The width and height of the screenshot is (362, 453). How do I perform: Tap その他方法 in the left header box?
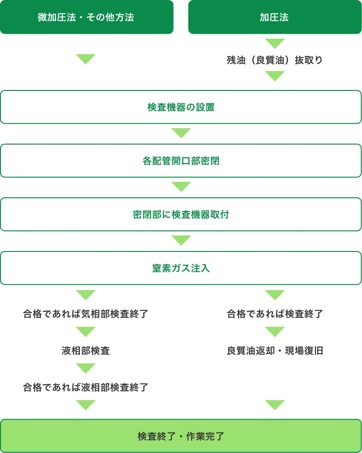(x=111, y=17)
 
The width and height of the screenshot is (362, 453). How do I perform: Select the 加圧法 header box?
(x=274, y=17)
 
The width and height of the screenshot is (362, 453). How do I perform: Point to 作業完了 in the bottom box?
(x=207, y=436)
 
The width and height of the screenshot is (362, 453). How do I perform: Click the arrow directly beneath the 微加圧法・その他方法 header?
(x=86, y=59)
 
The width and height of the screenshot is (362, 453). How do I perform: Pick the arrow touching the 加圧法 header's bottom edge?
(x=274, y=43)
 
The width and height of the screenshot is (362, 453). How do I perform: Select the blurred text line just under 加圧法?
(x=274, y=60)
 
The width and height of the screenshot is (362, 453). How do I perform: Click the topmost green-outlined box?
(x=181, y=107)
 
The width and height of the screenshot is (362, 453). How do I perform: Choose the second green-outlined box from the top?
(x=181, y=161)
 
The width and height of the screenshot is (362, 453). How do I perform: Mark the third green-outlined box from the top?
(x=181, y=215)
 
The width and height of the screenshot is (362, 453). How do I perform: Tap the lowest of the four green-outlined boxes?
(x=181, y=268)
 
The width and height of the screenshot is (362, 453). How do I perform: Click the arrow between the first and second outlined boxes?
(x=181, y=133)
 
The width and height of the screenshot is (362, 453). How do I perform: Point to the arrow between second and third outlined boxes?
(x=181, y=187)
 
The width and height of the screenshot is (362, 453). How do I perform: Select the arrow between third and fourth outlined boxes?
(x=181, y=241)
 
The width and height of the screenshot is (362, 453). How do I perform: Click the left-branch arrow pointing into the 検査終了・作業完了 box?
(x=86, y=404)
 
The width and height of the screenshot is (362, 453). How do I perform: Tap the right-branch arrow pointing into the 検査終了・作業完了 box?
(x=274, y=404)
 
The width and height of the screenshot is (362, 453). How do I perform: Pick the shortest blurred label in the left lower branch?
(x=86, y=351)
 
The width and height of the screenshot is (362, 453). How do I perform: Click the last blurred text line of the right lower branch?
(x=274, y=351)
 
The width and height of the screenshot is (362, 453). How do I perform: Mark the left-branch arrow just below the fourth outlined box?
(x=86, y=295)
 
